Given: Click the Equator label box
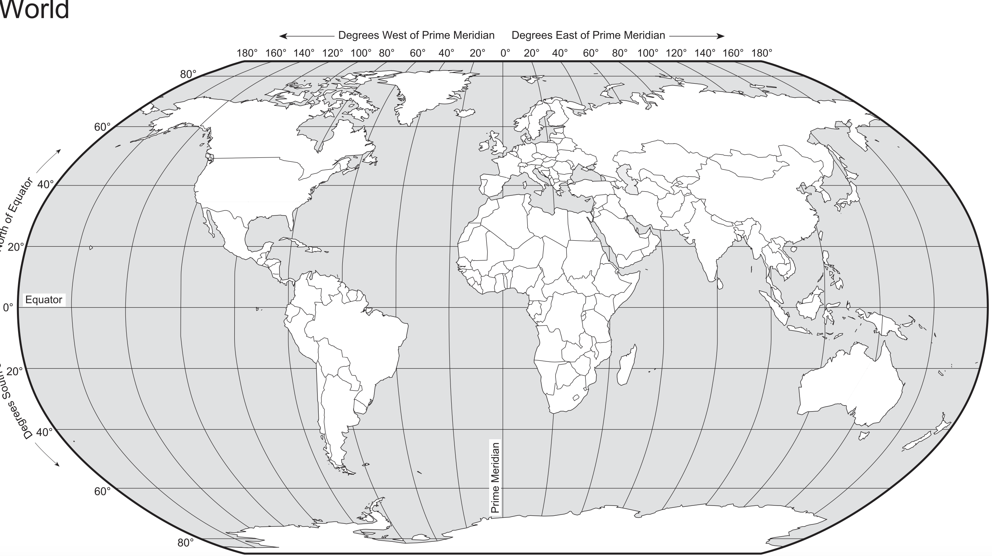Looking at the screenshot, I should (x=44, y=300).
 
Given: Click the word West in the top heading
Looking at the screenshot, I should (x=396, y=36).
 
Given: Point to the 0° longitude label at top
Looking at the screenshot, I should (x=505, y=53).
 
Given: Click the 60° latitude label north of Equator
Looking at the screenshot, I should (x=102, y=127).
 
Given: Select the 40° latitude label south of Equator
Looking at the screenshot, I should (x=44, y=432).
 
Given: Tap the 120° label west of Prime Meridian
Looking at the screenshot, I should (x=333, y=53).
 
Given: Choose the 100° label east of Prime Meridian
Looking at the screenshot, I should (x=648, y=53).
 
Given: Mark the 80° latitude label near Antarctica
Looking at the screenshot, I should (x=185, y=543).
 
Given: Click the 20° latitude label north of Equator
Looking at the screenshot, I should (x=16, y=247).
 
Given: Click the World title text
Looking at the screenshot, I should (x=35, y=10).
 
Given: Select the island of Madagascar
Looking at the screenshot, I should (x=626, y=365).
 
